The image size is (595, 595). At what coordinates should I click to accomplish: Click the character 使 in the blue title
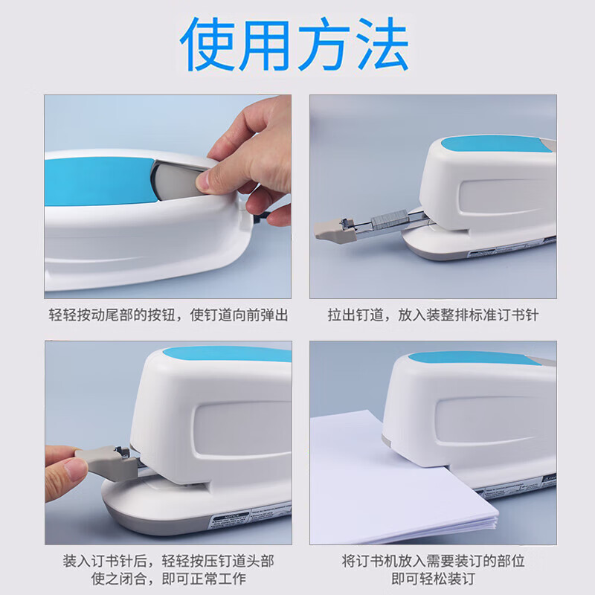click(208, 44)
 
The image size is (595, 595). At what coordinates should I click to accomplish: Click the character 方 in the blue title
click(324, 44)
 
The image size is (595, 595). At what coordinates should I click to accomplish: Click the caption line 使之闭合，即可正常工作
click(169, 579)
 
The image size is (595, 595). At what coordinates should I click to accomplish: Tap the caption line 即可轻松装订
click(433, 579)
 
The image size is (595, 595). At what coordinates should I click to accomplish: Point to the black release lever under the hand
click(263, 217)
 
